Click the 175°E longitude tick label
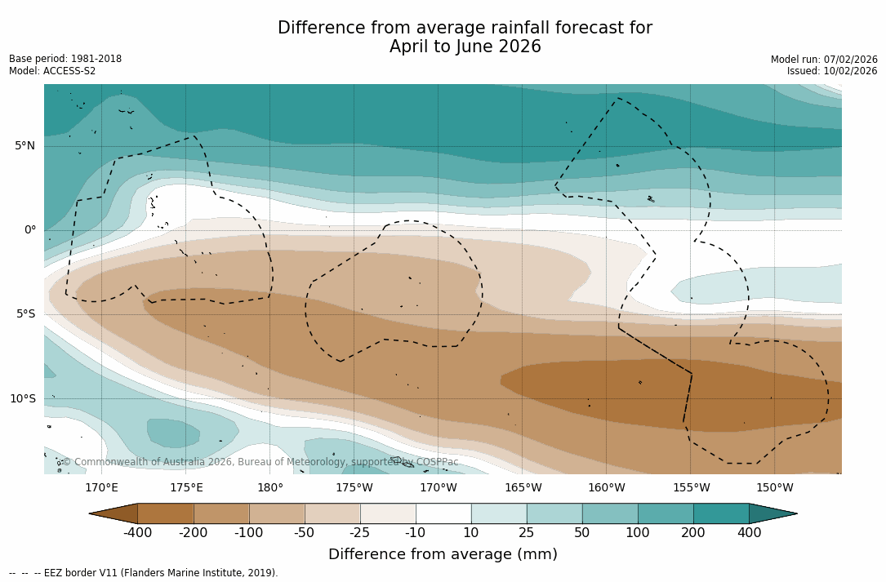point(186,488)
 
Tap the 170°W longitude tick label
point(439,488)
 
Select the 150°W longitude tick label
point(775,488)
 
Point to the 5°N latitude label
point(24,146)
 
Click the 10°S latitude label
point(22,399)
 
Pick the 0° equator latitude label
point(30,230)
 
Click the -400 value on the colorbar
point(138,533)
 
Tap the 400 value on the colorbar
point(749,533)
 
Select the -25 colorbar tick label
point(360,533)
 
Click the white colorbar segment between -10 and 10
point(443,513)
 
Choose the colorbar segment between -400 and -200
point(166,513)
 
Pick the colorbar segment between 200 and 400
point(721,513)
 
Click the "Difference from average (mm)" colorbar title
point(443,555)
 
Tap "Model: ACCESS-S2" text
point(52,72)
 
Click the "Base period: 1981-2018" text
point(65,59)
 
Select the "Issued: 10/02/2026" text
point(832,72)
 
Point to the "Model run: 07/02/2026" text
point(824,60)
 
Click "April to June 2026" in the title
point(465,47)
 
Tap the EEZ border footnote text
point(144,573)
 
